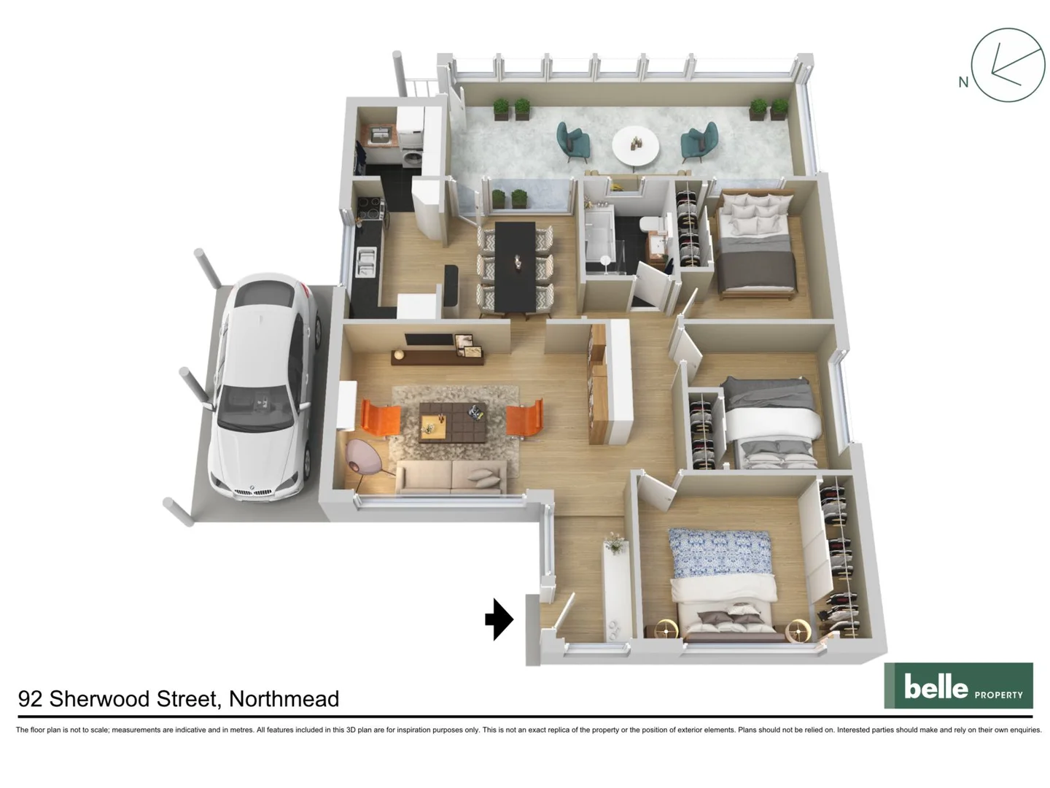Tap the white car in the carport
point(264,387)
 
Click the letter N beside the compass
point(963,82)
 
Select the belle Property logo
point(958,686)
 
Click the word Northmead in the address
point(284,699)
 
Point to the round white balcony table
point(635,145)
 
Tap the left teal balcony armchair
point(573,141)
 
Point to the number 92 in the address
point(30,699)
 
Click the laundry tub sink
point(379,135)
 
